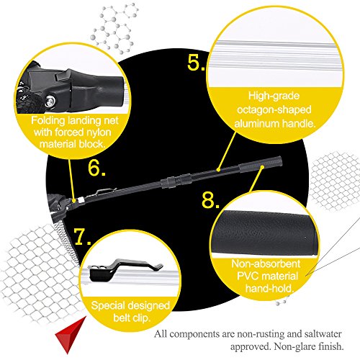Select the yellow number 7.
[x=82, y=237]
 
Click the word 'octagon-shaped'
[x=274, y=110]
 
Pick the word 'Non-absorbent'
[x=266, y=264]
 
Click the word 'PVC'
[x=248, y=276]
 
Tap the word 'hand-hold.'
[x=269, y=288]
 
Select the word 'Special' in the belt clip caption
[x=107, y=306]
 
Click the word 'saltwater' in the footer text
[x=323, y=334]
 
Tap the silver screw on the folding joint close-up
[x=50, y=101]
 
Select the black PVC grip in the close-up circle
[x=264, y=233]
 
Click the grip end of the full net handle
[x=261, y=164]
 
